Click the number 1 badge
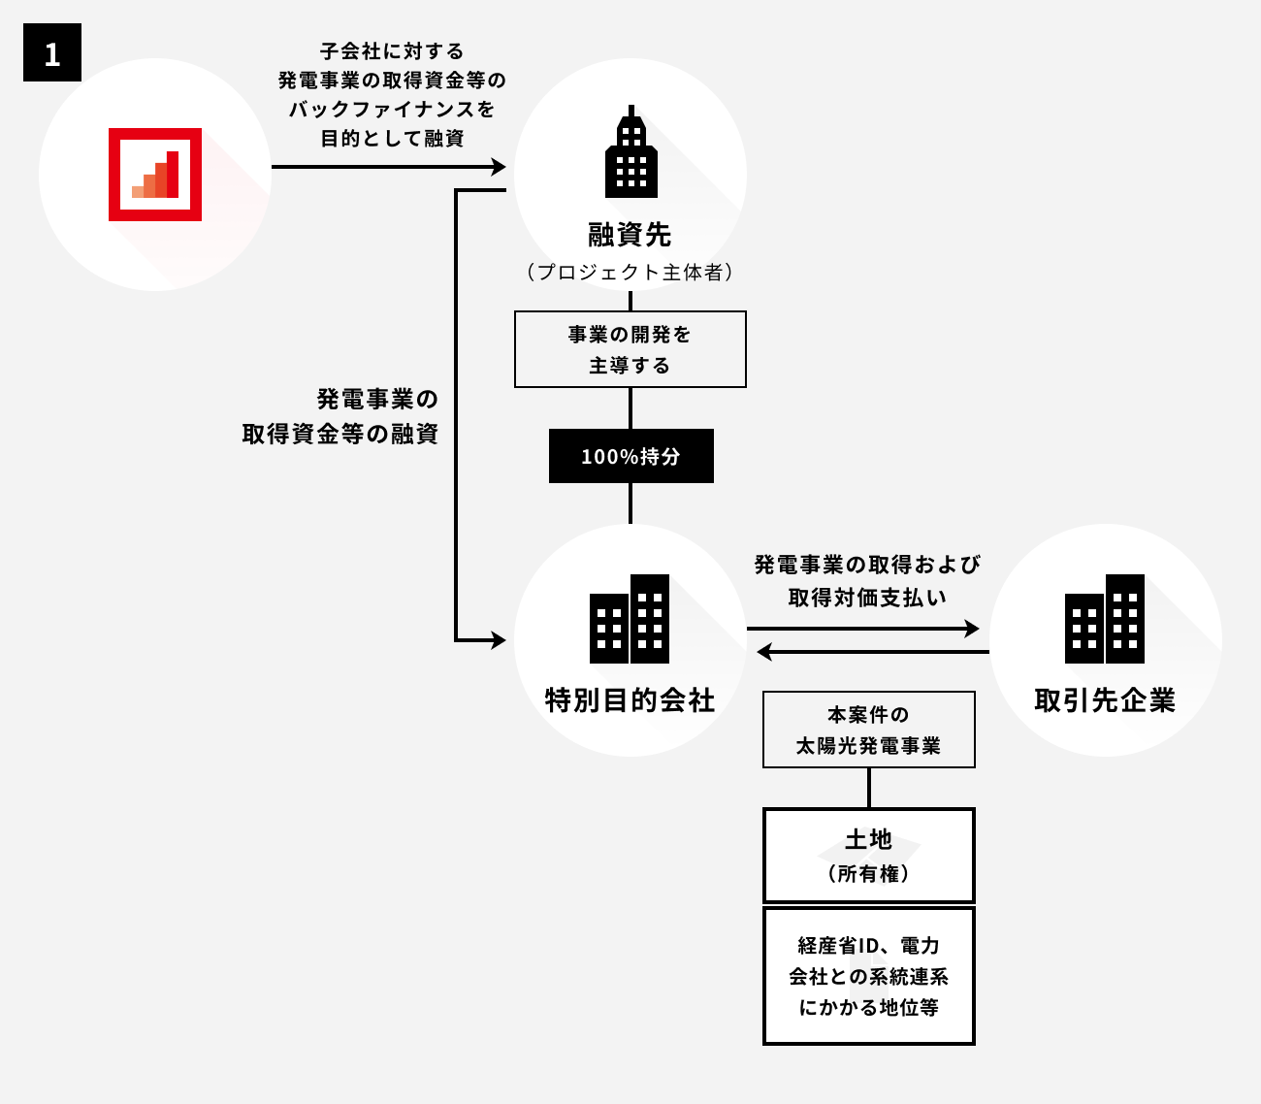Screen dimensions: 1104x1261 52,52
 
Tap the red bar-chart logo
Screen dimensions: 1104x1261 155,175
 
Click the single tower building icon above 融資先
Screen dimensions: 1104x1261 630,151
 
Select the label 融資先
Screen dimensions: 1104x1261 630,235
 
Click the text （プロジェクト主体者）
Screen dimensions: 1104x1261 630,273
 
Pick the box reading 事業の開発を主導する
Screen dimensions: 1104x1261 630,349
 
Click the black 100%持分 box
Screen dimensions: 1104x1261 630,456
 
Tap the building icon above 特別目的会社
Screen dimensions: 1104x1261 630,619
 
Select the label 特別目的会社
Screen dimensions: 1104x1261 630,699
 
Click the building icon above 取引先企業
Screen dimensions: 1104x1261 1105,619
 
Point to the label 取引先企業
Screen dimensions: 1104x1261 1105,699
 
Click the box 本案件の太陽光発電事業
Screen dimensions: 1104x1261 868,730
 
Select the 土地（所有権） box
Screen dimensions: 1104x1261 868,855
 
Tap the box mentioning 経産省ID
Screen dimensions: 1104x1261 868,976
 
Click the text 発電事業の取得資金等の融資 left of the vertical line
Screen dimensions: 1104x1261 340,416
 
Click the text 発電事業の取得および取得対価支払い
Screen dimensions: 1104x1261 868,580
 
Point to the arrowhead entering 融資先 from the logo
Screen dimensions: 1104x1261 500,167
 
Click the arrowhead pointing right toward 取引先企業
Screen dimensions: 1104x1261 973,629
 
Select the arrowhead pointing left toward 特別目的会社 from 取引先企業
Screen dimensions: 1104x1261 763,652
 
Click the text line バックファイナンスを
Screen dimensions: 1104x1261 392,109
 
